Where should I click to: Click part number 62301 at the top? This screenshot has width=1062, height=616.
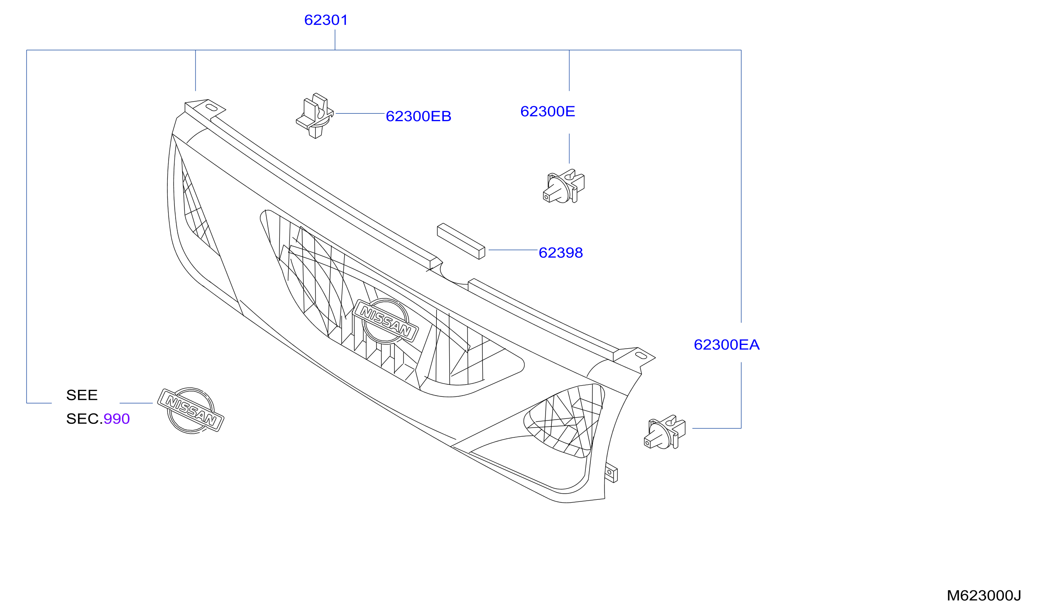326,20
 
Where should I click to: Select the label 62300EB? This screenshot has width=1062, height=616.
418,116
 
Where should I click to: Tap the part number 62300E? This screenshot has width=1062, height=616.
548,111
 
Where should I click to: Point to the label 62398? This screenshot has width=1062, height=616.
560,253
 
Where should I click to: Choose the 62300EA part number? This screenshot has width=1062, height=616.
727,345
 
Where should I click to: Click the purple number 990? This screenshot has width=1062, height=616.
117,418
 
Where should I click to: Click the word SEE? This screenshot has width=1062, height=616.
82,395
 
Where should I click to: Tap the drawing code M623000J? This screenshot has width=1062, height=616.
984,595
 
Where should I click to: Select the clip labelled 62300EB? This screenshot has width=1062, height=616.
315,115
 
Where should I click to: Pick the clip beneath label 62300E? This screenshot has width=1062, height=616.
563,186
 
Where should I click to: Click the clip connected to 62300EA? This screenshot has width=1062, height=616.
665,431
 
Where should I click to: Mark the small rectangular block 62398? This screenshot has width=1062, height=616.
461,241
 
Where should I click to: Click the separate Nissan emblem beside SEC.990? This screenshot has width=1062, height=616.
191,410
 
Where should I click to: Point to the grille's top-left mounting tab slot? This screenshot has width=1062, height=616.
211,108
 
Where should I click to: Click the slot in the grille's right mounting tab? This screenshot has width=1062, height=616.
641,356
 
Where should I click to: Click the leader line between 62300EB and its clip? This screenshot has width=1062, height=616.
360,113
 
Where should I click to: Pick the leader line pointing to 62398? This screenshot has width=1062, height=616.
513,250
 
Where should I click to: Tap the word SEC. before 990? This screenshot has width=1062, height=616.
84,418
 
